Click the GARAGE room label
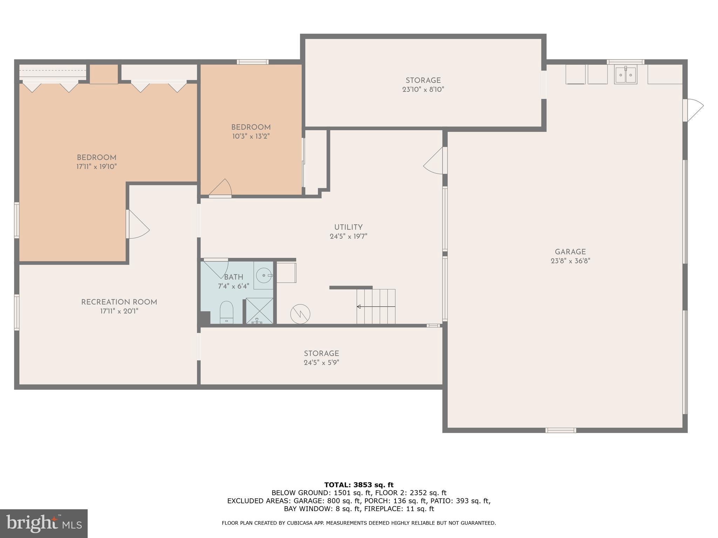tap(570, 252)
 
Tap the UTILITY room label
tap(348, 227)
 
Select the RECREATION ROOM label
tap(119, 302)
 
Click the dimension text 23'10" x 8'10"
tap(423, 89)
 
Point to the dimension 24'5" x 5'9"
tap(321, 363)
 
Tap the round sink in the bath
tap(263, 275)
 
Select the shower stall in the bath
tap(259, 311)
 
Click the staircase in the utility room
tap(376, 306)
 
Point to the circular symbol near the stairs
tap(300, 314)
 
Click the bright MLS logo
tap(43, 523)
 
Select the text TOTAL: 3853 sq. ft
tap(359, 485)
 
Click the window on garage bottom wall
tap(561, 430)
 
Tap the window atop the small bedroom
tap(252, 62)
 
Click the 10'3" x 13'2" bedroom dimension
tap(251, 136)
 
